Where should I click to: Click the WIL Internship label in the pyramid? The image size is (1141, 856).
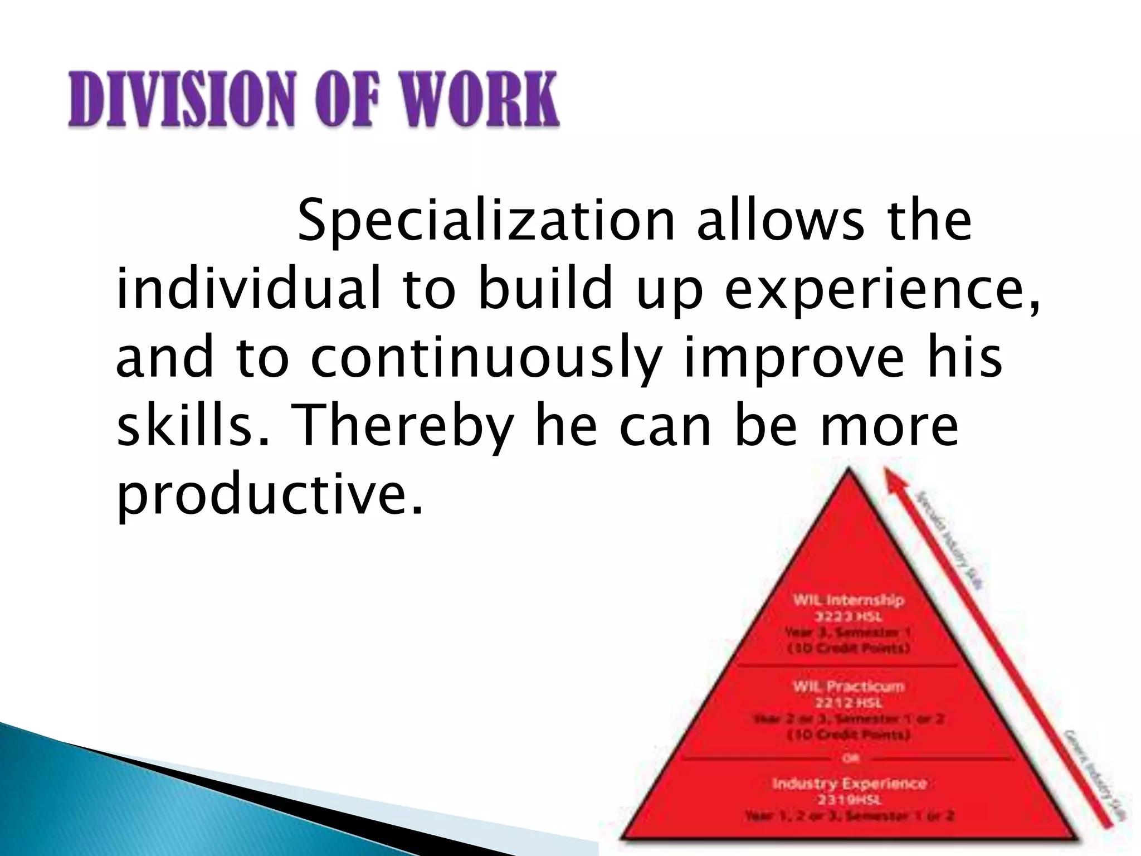[x=849, y=600]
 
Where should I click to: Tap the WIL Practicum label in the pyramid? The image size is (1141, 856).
[x=849, y=687]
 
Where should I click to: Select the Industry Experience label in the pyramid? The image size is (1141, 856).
[x=849, y=784]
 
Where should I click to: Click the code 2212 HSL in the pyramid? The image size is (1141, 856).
[x=849, y=703]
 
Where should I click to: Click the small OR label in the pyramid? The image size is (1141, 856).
[x=849, y=758]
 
